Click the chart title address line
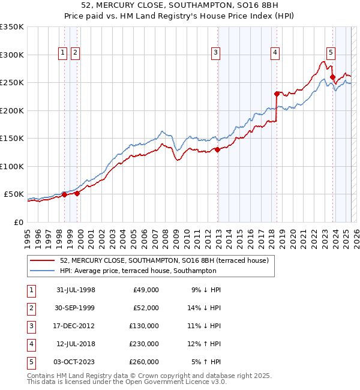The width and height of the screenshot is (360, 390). coord(179,7)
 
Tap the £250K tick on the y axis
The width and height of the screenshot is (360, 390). coord(12,83)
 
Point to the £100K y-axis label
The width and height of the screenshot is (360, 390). coord(12,166)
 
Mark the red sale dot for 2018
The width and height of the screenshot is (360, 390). coord(277,94)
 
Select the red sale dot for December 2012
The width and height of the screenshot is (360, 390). coord(218,150)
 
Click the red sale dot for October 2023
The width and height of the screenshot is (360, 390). coord(332,77)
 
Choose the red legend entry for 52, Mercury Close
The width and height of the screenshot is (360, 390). coord(167,260)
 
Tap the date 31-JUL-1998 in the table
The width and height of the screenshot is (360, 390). coord(75,290)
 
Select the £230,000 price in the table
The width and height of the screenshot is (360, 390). coord(145,344)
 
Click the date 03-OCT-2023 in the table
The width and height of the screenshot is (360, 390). coord(75,362)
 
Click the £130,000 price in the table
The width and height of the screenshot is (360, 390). coord(145,326)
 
